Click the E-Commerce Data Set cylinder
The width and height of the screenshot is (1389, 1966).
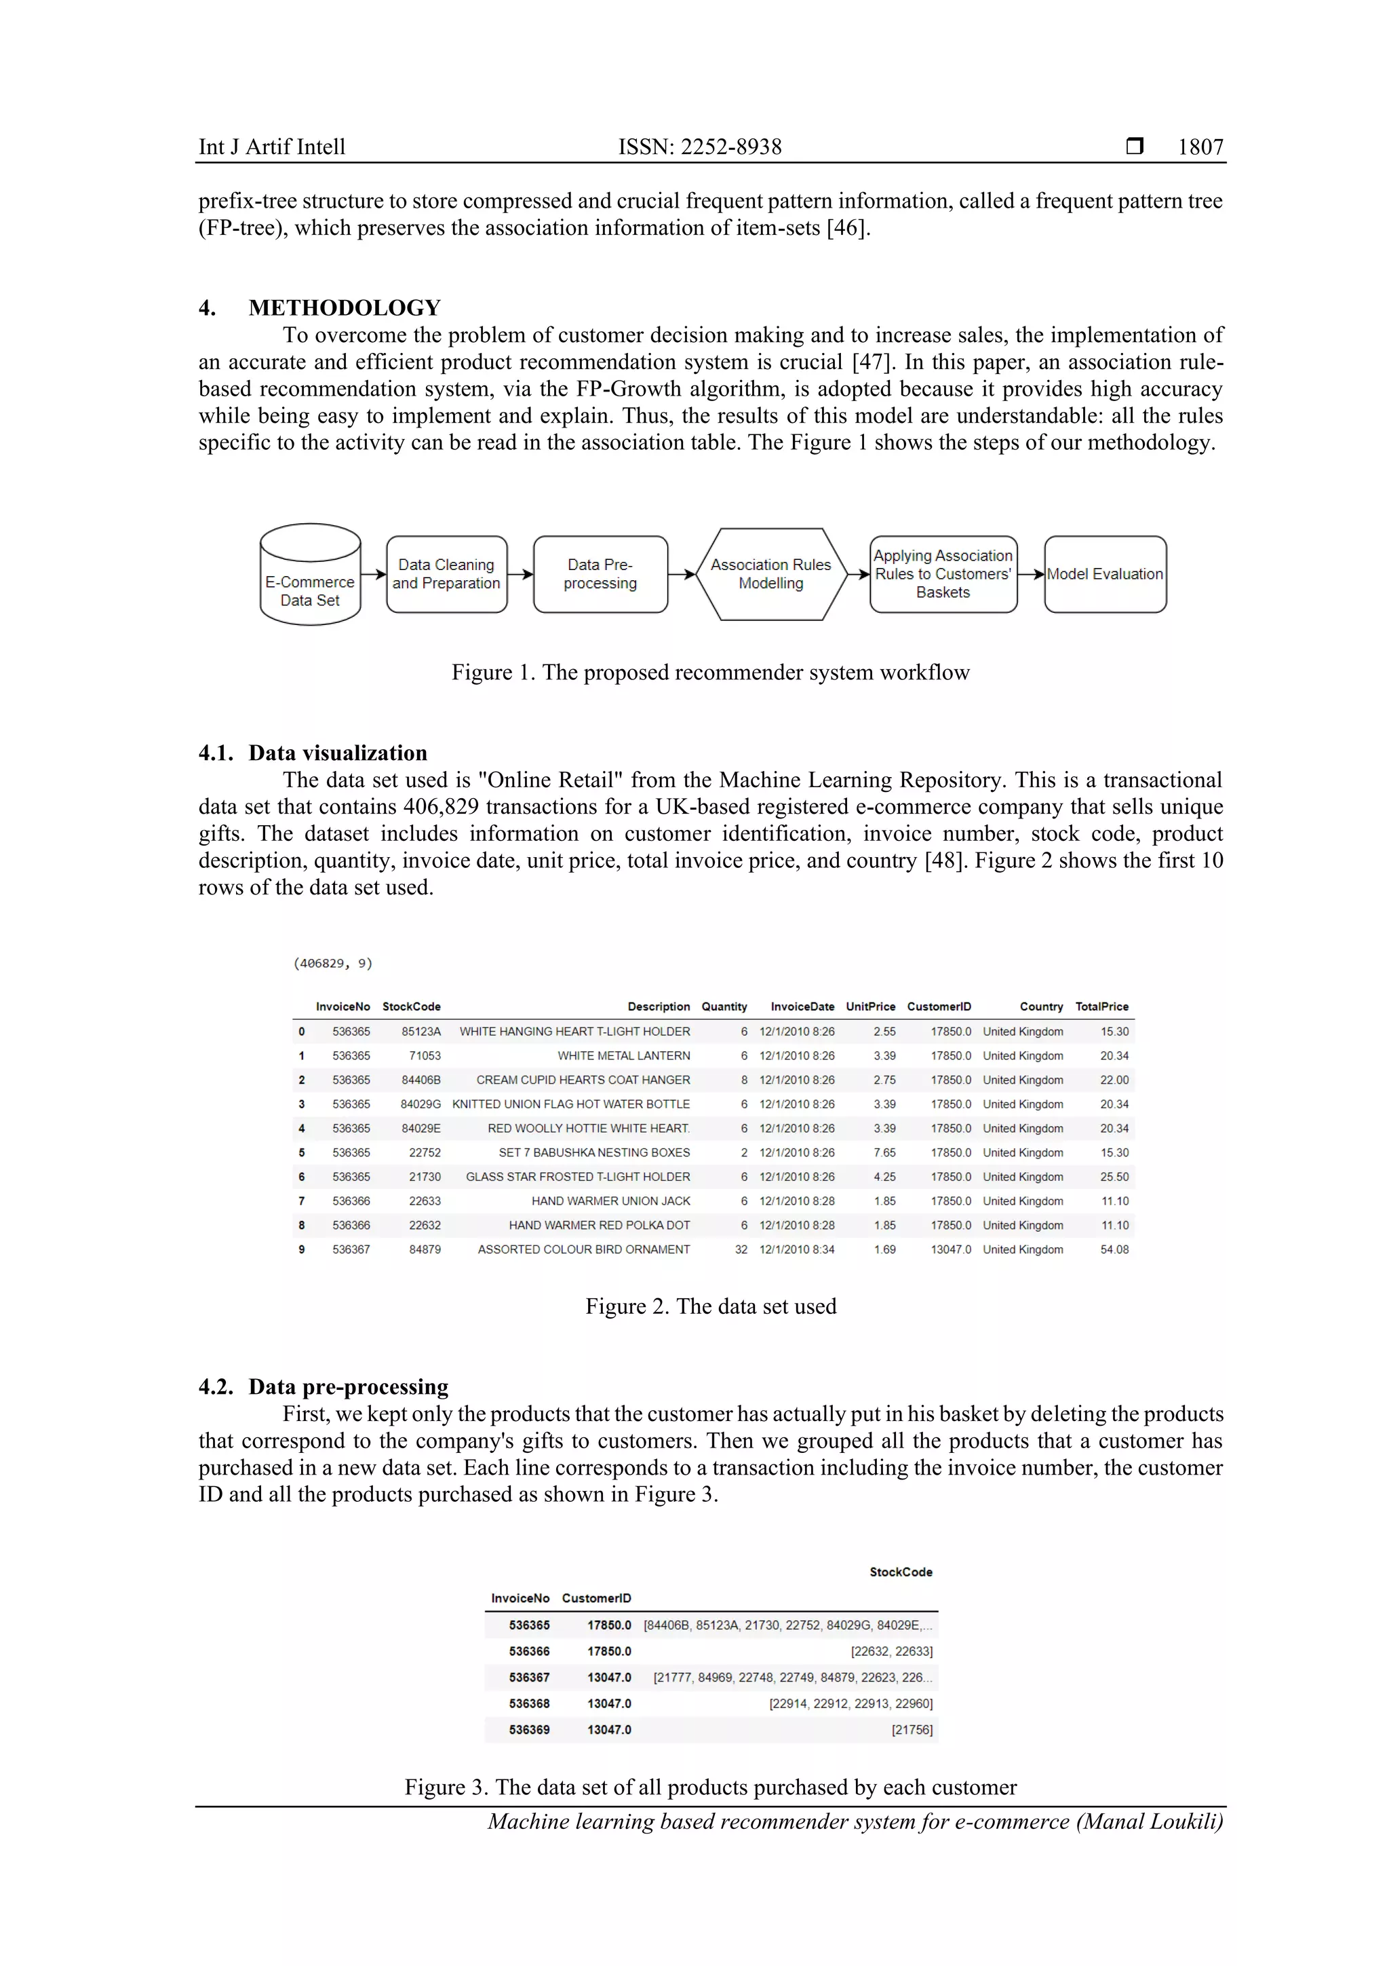310,575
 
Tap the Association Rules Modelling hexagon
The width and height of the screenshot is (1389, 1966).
770,575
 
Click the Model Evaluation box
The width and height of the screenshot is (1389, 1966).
1104,575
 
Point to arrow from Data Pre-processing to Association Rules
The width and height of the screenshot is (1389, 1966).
681,575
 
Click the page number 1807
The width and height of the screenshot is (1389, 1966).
1200,147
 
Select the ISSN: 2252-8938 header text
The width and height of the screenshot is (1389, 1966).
699,147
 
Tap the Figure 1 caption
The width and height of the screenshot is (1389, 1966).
709,672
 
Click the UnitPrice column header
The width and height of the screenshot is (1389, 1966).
869,1007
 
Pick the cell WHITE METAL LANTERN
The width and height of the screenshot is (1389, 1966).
623,1056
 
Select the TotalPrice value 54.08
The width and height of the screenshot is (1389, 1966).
1114,1249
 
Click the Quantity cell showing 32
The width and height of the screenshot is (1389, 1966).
741,1249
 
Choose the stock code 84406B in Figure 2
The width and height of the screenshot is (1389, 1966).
420,1080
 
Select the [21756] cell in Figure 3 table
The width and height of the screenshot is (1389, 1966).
912,1730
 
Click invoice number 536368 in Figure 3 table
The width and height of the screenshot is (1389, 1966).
529,1703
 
